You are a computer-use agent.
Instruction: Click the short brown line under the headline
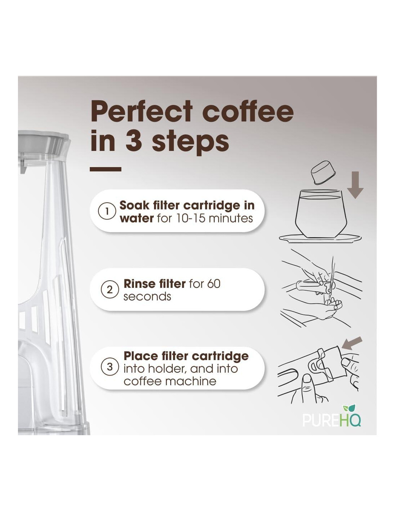point(106,169)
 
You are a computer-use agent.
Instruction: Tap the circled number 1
point(107,212)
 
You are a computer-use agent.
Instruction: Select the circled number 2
point(110,290)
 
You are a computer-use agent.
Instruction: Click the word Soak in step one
point(134,205)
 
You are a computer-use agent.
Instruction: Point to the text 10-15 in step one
point(191,218)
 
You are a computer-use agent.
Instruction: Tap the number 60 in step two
point(214,284)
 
